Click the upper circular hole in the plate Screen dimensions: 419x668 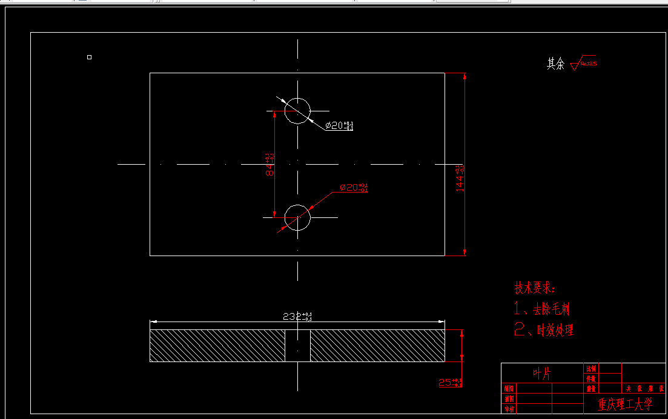[297, 111]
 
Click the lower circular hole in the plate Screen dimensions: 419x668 [297, 217]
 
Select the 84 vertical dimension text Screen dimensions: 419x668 [270, 164]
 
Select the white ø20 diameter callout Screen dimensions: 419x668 [339, 126]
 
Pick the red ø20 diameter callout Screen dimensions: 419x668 [354, 188]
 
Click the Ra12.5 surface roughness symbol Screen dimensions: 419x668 [583, 62]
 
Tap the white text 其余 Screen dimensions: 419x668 [555, 64]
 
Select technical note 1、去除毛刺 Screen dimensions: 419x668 [542, 309]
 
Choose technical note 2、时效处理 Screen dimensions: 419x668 [544, 330]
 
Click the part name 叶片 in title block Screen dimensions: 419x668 [543, 374]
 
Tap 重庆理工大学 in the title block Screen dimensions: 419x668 [624, 403]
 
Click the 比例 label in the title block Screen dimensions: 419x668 [590, 368]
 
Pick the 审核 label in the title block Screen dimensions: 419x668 [509, 409]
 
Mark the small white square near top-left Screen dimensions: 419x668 [89, 58]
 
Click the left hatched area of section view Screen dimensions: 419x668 [217, 346]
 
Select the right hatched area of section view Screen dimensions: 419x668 [377, 346]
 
